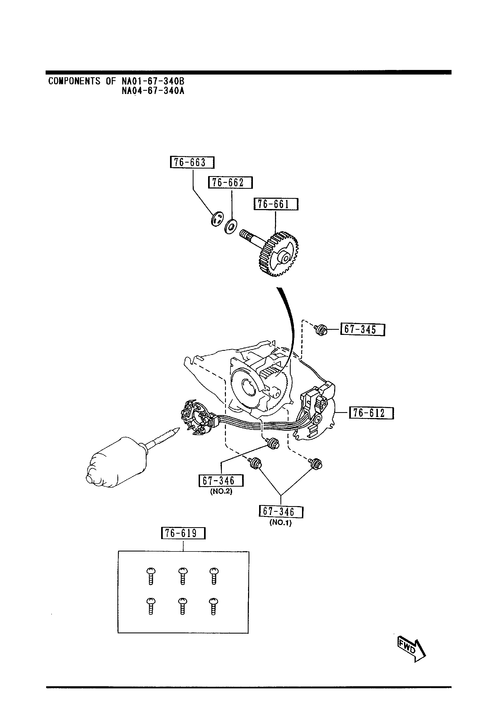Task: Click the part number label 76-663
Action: point(192,162)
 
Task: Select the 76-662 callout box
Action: point(230,183)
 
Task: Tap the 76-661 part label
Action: point(276,204)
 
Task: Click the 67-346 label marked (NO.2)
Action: point(221,480)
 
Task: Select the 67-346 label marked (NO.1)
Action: point(281,512)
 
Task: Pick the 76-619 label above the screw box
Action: point(183,533)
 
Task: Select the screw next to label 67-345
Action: point(321,331)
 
